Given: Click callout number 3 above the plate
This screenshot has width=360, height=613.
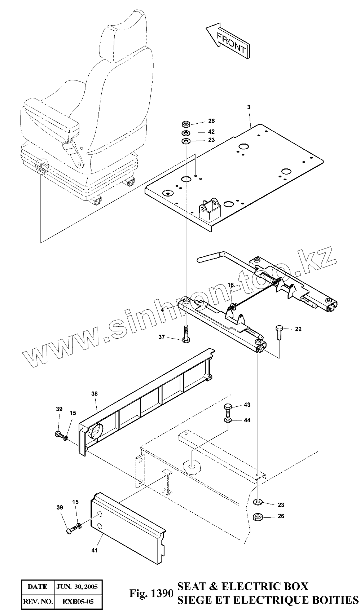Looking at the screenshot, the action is click(249, 107).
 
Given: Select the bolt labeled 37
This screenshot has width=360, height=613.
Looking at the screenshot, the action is click(186, 335).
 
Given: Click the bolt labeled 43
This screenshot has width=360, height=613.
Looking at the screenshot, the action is click(228, 409).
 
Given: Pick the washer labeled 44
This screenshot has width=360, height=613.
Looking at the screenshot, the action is click(228, 420).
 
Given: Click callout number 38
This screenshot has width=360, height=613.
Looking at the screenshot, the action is click(95, 394).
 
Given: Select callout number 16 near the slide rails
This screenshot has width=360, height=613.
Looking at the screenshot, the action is click(231, 285).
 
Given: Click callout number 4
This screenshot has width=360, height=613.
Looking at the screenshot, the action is click(163, 310).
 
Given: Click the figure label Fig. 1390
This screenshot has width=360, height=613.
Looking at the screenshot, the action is click(152, 594).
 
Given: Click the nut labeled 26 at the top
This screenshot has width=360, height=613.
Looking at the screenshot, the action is click(186, 124).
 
